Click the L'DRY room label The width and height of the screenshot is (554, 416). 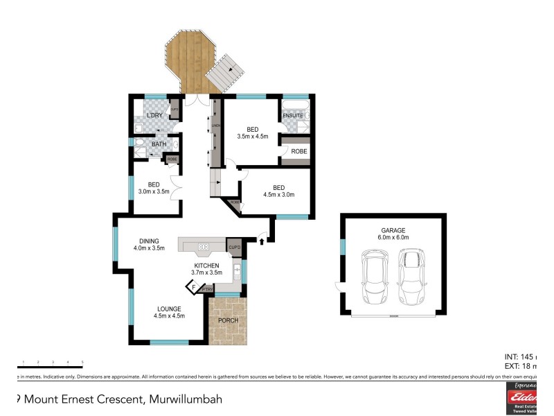(154, 114)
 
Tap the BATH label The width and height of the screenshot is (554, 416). (159, 144)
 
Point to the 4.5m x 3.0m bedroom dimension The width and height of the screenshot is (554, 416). (278, 195)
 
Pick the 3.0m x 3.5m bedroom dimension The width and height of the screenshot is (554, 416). (154, 191)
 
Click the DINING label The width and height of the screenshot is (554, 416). (148, 241)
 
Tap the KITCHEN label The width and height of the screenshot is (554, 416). (206, 265)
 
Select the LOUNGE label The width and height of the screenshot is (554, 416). (168, 309)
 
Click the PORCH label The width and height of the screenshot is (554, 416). (228, 320)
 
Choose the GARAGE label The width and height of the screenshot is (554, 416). (392, 229)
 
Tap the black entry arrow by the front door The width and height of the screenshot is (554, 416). (261, 241)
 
